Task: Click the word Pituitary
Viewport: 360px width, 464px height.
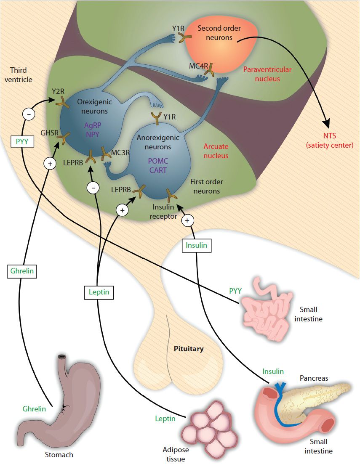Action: coord(189,349)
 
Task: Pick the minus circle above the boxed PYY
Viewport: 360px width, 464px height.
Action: coord(29,114)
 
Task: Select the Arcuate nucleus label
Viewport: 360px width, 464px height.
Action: coord(216,151)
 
